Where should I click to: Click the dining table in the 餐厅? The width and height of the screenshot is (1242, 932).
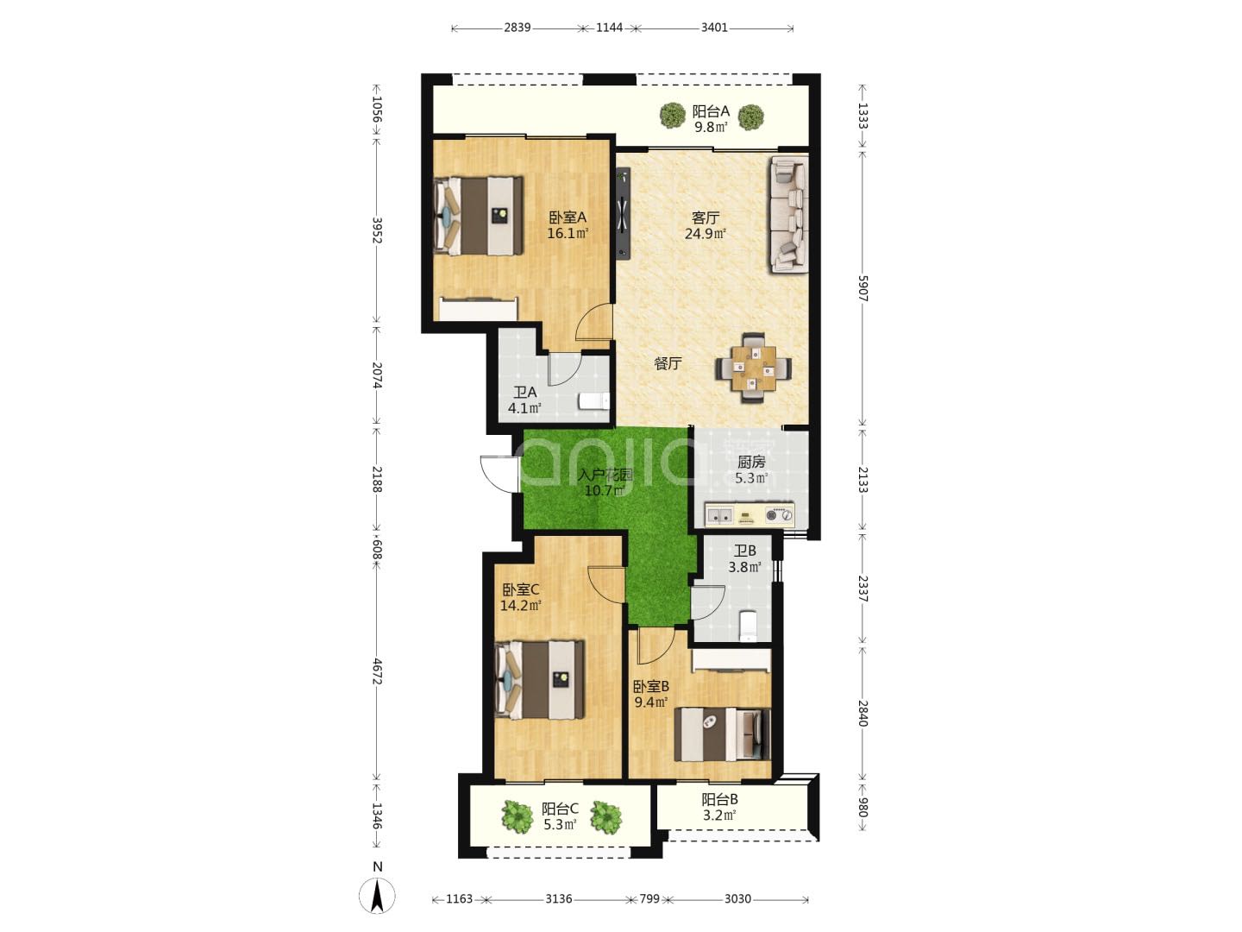tap(753, 368)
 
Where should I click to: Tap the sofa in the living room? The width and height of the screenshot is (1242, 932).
tap(788, 215)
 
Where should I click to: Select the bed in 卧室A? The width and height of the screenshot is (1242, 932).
tap(478, 216)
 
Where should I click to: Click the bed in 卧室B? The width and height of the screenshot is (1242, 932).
tap(723, 734)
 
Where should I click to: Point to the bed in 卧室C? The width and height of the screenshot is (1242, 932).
tap(539, 680)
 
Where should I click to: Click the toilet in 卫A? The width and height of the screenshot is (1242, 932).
tap(593, 401)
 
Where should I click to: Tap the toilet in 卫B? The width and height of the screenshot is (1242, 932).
tap(748, 626)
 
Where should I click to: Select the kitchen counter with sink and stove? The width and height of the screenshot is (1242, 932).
tap(750, 515)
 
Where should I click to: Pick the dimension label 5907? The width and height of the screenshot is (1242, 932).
tap(862, 288)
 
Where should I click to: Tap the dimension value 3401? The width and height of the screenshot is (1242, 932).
tap(714, 28)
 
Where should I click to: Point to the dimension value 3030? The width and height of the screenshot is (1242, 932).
tap(737, 899)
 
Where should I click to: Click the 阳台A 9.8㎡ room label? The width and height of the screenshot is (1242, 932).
tap(711, 119)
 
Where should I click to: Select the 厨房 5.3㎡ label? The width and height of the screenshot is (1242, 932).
tap(751, 469)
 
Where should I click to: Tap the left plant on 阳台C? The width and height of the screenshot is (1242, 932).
tap(517, 817)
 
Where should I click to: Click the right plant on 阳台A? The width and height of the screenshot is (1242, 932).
tap(751, 117)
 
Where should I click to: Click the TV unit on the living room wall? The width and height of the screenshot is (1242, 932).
tap(623, 213)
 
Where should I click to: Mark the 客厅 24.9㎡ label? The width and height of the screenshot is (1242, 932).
tap(705, 225)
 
